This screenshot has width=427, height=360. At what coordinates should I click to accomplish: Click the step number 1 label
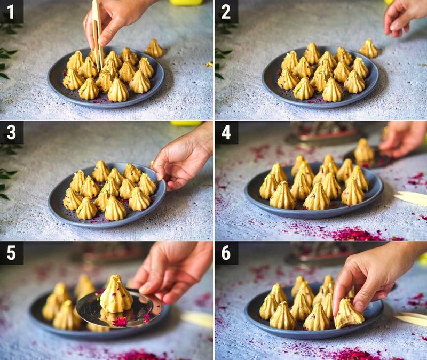(11, 11)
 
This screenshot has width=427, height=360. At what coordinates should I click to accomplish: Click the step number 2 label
(226, 11)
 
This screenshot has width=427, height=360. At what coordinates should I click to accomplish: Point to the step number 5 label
(11, 253)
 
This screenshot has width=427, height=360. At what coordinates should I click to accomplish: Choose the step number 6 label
(226, 253)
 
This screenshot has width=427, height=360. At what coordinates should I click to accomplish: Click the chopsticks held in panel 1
(97, 32)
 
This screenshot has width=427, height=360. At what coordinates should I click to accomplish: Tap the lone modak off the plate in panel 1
(154, 49)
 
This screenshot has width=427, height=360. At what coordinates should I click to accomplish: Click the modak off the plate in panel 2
(368, 49)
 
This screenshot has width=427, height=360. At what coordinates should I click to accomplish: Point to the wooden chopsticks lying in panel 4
(411, 198)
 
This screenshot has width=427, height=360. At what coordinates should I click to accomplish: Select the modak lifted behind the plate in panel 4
(364, 151)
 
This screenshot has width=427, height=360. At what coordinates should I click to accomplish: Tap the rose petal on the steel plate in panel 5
(120, 321)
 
